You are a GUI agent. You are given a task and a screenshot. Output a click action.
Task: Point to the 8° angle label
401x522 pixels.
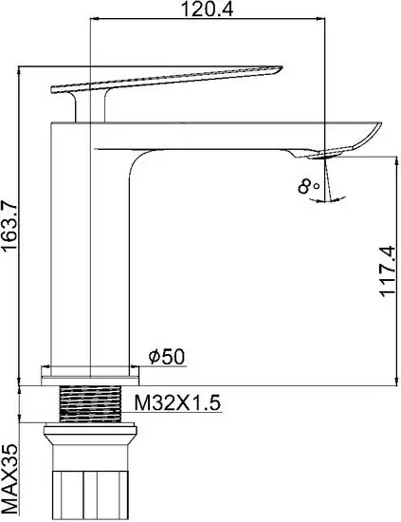point(307,187)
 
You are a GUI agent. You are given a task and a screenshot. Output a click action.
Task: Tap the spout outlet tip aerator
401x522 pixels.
point(328,152)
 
